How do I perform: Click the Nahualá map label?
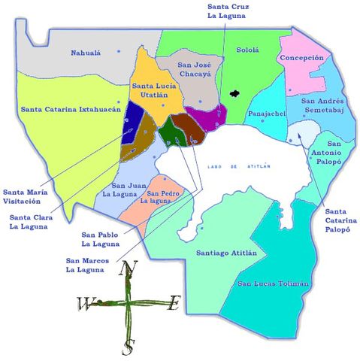pos(85,53)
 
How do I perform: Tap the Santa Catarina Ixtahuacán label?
pos(71,109)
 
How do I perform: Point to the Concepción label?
pos(301,58)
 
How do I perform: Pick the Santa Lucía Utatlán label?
pos(154,93)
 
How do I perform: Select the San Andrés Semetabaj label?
pos(322,105)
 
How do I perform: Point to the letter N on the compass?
pos(129,268)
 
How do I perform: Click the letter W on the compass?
pos(83,304)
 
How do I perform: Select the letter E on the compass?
pos(174,303)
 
